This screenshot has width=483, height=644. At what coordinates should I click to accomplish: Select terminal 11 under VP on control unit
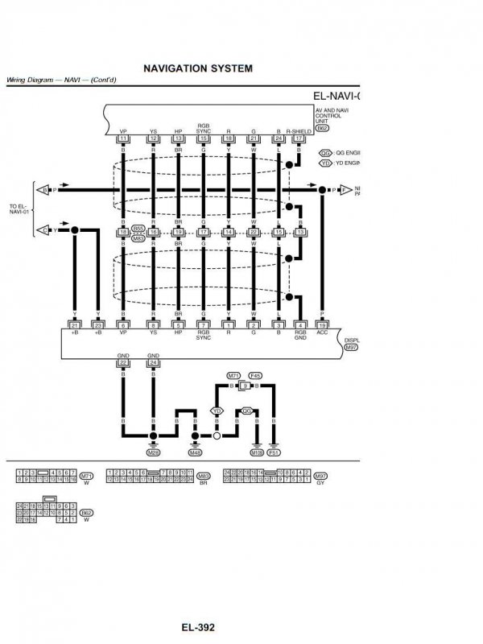coord(123,139)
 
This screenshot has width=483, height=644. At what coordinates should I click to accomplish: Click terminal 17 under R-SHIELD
coord(299,139)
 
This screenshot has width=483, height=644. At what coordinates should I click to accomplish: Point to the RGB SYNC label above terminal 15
coord(203,129)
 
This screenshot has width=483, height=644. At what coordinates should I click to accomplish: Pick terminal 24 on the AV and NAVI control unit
coord(278,139)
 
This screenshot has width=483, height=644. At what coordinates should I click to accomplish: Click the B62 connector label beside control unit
coord(322,127)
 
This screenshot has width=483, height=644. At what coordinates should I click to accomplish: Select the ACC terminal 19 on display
coord(321,324)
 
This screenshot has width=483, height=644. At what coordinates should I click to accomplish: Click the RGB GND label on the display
coord(299,335)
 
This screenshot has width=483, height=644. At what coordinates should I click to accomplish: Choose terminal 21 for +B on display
coord(75,324)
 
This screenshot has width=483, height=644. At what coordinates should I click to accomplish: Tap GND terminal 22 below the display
coord(123,362)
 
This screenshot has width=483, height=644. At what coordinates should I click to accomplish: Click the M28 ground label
coord(152,453)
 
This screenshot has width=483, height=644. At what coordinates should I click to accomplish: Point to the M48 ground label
coord(195,453)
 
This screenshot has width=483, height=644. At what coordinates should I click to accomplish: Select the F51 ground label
coord(275,453)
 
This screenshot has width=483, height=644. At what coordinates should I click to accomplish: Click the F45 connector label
coord(255,376)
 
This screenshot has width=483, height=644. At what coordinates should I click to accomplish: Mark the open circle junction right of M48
coord(217,436)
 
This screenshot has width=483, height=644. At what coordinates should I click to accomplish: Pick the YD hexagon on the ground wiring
coord(217,411)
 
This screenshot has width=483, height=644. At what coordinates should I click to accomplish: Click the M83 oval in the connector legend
coord(204,477)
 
